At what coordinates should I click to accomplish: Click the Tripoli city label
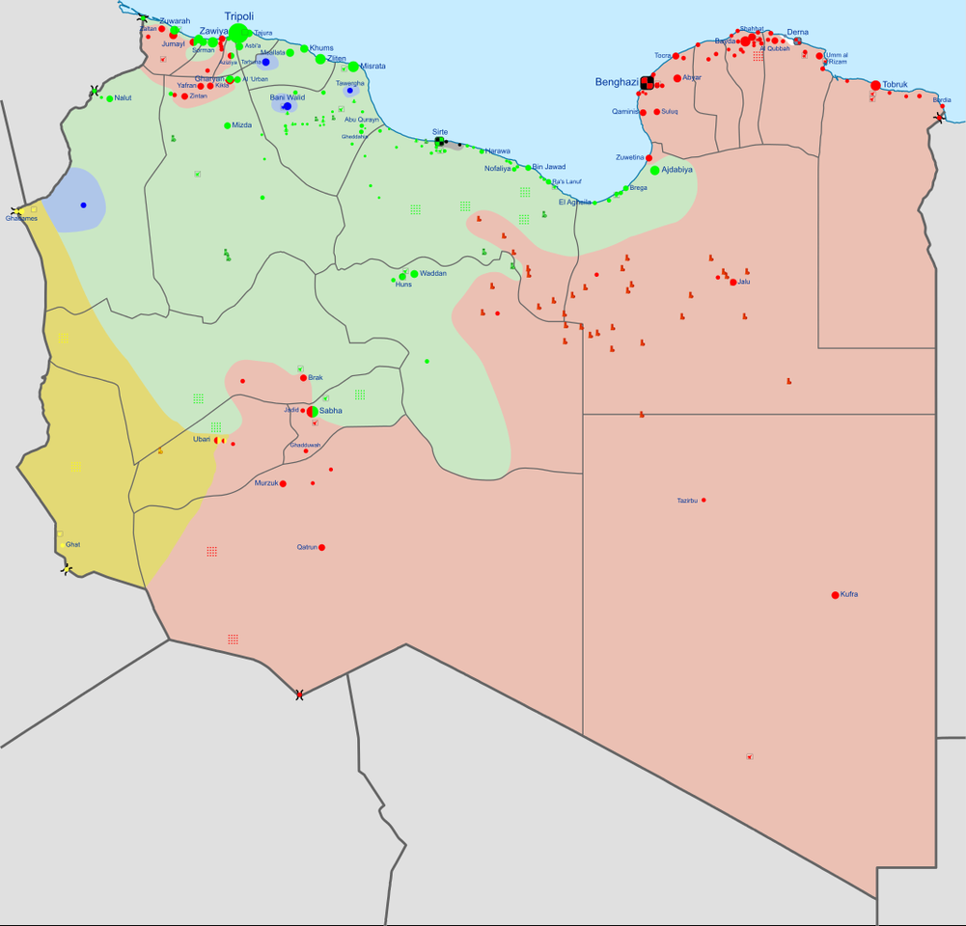[x=239, y=16]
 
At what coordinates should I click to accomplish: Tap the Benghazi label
[x=617, y=83]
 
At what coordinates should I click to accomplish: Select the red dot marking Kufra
[x=835, y=595]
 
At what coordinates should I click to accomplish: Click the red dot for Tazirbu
[x=704, y=500]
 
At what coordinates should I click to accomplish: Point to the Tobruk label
[x=896, y=85]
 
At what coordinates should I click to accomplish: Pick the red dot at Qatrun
[x=321, y=548]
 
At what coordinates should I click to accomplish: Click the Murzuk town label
[x=265, y=482]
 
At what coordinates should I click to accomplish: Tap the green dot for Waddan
[x=414, y=274]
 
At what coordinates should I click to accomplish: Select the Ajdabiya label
[x=677, y=170]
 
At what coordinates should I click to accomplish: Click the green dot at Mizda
[x=228, y=125]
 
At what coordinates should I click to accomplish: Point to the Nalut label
[x=124, y=98]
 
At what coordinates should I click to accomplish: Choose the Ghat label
[x=73, y=544]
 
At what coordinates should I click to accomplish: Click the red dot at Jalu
[x=733, y=283]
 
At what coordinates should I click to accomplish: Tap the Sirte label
[x=440, y=131]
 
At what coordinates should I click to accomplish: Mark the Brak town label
[x=316, y=377]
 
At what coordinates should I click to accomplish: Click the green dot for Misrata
[x=353, y=67]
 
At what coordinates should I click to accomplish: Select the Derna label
[x=798, y=32]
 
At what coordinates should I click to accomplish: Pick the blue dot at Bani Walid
[x=287, y=107]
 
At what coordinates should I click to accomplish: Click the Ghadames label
[x=21, y=218]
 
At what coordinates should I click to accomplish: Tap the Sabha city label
[x=331, y=410]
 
